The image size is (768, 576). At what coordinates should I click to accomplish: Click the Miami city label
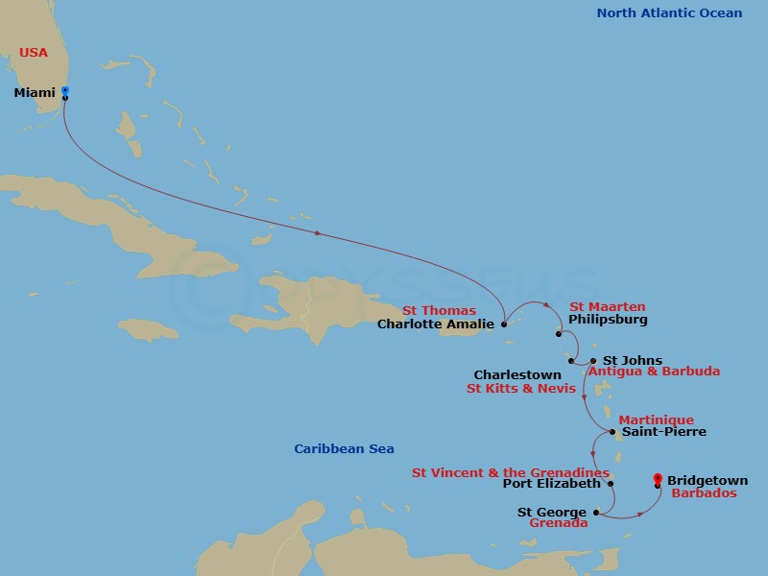click(34, 92)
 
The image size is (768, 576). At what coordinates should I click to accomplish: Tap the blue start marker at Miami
click(64, 90)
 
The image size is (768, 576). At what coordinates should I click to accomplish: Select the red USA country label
click(34, 52)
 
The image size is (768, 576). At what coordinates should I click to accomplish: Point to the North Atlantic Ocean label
click(669, 12)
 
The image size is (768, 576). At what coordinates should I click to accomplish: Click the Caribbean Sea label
click(344, 448)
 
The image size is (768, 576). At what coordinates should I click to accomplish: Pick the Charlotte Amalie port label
click(435, 324)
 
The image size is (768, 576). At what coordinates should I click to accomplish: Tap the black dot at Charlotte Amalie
click(504, 324)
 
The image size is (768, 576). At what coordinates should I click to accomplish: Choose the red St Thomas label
click(439, 310)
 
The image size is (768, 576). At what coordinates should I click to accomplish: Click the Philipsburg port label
click(608, 320)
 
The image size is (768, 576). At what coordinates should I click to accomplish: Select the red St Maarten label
click(609, 306)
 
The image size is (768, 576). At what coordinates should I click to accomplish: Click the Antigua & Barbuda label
click(654, 372)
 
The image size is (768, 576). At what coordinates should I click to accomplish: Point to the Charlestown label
click(518, 374)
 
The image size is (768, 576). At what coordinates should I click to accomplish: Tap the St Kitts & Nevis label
click(520, 389)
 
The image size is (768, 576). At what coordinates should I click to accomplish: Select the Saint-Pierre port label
click(663, 432)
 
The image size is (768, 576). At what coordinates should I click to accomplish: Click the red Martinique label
click(656, 420)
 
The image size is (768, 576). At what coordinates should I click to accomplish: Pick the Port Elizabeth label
click(551, 484)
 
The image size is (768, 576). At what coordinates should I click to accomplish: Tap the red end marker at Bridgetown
click(657, 477)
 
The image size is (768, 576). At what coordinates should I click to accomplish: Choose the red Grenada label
click(558, 524)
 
